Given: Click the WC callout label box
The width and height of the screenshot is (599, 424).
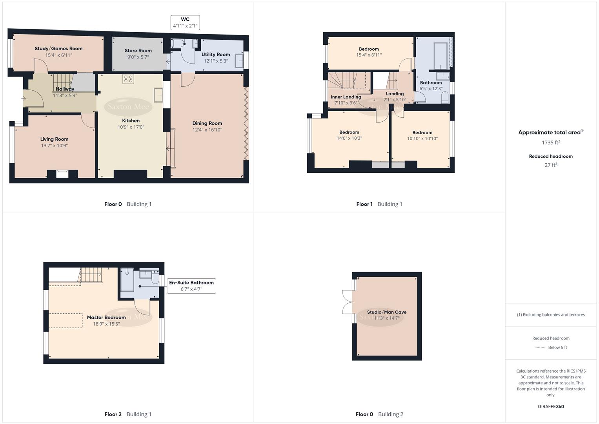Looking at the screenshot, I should click(x=185, y=22).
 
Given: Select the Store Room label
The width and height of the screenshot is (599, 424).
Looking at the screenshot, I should click(x=138, y=51).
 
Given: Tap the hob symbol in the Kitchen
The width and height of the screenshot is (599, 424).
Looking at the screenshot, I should click(x=128, y=79).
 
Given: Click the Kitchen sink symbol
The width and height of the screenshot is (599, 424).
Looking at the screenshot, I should click(x=158, y=95).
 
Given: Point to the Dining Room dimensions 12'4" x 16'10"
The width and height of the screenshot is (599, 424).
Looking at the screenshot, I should click(x=207, y=130).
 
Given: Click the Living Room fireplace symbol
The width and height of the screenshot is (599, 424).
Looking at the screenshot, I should click(x=62, y=174).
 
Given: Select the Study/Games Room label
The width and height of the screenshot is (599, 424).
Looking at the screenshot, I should click(x=58, y=49).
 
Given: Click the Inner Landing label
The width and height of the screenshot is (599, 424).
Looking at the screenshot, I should click(x=346, y=97).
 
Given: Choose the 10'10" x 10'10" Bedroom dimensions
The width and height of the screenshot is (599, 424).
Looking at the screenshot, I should click(x=422, y=139).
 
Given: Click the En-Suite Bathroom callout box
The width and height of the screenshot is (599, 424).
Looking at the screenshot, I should click(x=191, y=286).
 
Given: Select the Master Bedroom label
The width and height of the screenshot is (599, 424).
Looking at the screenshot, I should click(x=106, y=317).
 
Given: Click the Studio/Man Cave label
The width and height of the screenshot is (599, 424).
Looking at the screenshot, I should click(x=386, y=312).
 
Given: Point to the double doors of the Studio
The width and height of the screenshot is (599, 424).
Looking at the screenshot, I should click(x=347, y=302).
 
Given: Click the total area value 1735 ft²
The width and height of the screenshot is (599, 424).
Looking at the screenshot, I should click(x=551, y=143).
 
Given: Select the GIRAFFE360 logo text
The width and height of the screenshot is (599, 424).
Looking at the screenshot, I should click(x=551, y=406).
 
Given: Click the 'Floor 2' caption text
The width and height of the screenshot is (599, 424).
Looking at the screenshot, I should click(x=113, y=414).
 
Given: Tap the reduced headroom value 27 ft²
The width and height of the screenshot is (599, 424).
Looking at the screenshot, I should click(x=551, y=165).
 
